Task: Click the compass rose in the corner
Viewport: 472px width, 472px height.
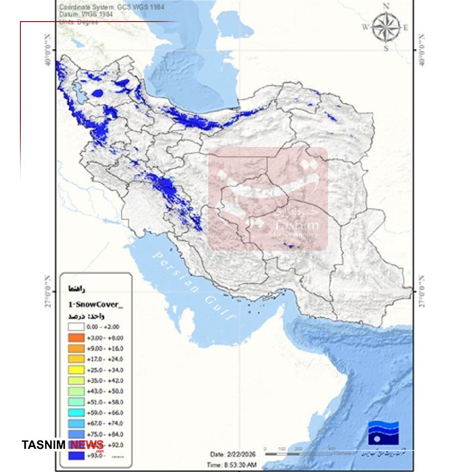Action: point(386,27)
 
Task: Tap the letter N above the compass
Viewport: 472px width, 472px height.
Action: point(386,6)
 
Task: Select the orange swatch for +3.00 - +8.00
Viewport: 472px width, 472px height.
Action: point(76,338)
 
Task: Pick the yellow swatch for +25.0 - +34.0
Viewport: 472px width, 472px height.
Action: point(76,370)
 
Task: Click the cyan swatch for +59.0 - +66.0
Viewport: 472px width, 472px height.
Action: point(76,413)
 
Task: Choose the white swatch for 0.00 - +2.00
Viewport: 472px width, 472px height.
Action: point(76,327)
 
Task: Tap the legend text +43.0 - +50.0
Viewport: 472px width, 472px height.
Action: point(105,391)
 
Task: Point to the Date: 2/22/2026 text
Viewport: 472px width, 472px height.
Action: point(233,454)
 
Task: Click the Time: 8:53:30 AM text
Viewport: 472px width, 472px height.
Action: point(231,465)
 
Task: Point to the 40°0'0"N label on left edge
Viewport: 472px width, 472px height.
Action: point(48,50)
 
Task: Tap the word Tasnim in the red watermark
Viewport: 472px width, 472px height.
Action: point(296,226)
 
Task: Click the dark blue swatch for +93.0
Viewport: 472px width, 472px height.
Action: point(76,456)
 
